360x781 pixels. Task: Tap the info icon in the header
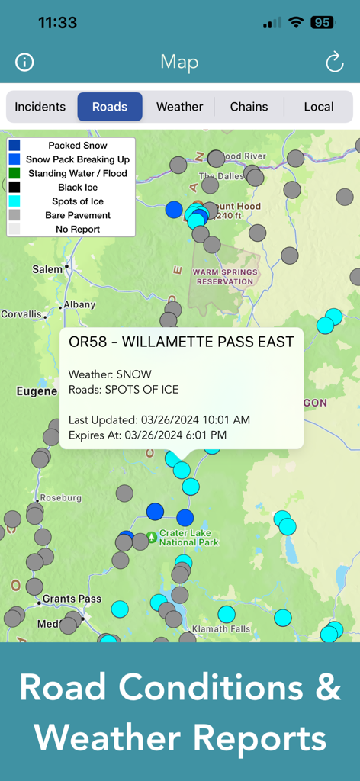[24, 63]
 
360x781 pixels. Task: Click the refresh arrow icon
[335, 63]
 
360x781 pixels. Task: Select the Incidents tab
[40, 107]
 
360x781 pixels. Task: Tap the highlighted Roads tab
[110, 107]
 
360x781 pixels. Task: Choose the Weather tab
[179, 107]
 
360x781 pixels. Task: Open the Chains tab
[249, 107]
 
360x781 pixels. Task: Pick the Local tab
[319, 107]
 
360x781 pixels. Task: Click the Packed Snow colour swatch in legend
[14, 145]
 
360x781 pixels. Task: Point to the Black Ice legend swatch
[14, 187]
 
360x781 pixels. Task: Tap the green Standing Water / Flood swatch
[14, 173]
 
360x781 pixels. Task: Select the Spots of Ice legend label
[78, 201]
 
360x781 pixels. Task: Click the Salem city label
[47, 269]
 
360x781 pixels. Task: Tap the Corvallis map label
[21, 313]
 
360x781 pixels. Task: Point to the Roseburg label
[61, 497]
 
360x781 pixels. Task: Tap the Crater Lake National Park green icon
[152, 537]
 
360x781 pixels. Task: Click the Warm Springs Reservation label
[223, 276]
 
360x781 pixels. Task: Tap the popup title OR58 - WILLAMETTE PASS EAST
[181, 342]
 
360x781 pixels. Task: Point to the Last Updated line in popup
[159, 420]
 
